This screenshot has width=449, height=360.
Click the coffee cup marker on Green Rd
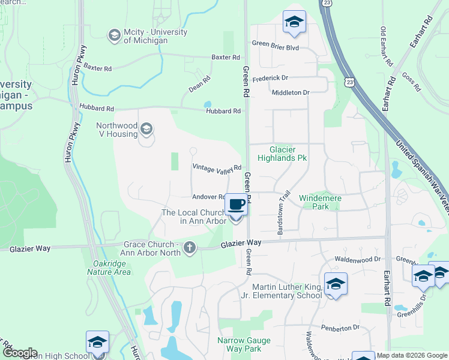[236, 205]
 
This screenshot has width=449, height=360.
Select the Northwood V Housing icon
[146, 129]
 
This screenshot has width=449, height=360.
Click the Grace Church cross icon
[190, 248]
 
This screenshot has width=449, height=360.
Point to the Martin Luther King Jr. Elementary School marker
[336, 284]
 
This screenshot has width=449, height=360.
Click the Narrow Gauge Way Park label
[244, 344]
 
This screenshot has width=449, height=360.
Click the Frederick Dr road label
[270, 78]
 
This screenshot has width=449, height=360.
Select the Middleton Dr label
[290, 92]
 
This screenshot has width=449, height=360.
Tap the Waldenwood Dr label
[358, 259]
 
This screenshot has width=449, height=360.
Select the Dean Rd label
[199, 83]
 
